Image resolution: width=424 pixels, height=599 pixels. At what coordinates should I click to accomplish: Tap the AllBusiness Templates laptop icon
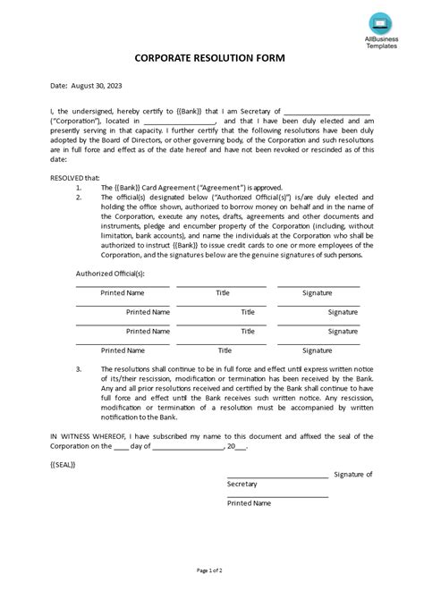pyautogui.click(x=377, y=21)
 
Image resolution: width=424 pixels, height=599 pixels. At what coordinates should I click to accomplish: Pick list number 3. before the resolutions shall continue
pyautogui.click(x=80, y=368)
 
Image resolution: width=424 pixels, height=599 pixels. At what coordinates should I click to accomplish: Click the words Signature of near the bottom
pyautogui.click(x=352, y=474)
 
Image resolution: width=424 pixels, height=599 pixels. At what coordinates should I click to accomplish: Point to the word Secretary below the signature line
pyautogui.click(x=242, y=484)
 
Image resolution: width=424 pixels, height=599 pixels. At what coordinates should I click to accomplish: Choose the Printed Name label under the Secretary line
pyautogui.click(x=250, y=503)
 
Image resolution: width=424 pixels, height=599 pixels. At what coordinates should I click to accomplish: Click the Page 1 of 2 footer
pyautogui.click(x=211, y=569)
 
